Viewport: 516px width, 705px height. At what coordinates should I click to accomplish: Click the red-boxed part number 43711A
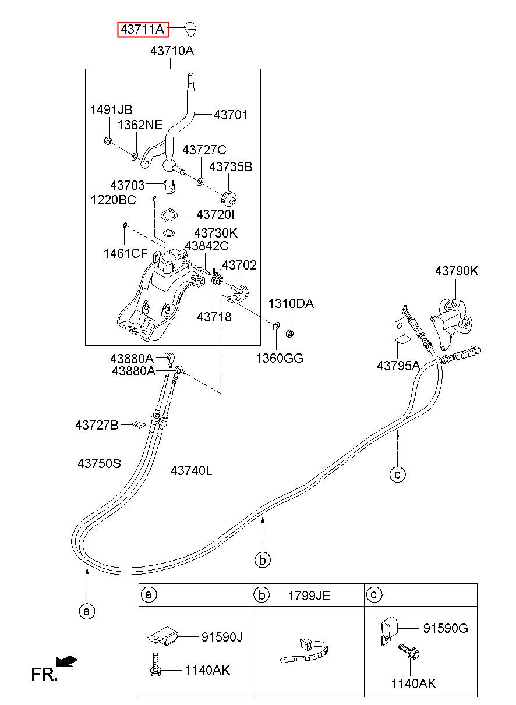click(x=143, y=30)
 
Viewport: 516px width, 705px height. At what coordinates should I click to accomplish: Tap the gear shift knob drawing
click(x=190, y=29)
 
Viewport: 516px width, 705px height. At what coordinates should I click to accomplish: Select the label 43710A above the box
click(x=172, y=51)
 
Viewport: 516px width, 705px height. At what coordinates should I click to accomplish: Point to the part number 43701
click(x=231, y=115)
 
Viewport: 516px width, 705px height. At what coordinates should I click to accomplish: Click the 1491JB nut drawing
click(x=107, y=140)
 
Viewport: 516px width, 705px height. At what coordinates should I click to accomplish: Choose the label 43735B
click(x=231, y=167)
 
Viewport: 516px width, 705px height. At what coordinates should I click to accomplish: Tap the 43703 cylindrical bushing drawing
click(x=169, y=187)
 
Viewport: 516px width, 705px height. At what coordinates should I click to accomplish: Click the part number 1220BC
click(x=113, y=200)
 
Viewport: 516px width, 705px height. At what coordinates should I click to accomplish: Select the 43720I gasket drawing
click(x=169, y=215)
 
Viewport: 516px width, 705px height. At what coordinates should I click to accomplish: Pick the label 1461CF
click(x=125, y=253)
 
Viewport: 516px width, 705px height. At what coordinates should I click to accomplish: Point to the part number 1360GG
click(x=280, y=358)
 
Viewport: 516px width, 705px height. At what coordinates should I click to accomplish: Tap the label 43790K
click(x=457, y=271)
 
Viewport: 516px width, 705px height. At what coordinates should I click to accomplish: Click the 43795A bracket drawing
click(x=402, y=331)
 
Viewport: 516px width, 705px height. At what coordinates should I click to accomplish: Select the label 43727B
click(x=97, y=426)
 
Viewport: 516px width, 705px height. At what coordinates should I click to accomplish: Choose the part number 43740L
click(x=192, y=471)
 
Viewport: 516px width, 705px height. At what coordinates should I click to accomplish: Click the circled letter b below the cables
click(x=263, y=561)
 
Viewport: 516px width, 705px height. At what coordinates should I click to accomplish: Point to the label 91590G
click(x=446, y=628)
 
